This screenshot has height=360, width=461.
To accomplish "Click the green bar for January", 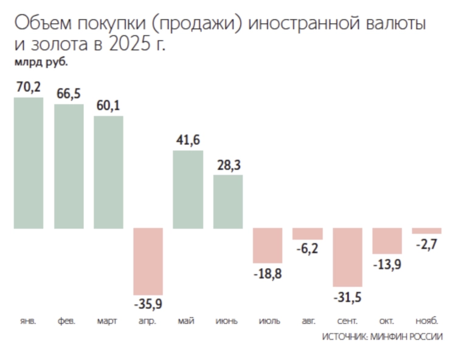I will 29,163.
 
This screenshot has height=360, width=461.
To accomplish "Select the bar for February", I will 69,166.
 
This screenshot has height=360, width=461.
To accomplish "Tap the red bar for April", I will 148,261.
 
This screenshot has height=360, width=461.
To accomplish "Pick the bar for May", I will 188,189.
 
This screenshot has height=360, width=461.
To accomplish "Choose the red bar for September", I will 347,257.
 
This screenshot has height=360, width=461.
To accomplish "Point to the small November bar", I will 426,231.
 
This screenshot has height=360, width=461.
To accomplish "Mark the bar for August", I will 307,234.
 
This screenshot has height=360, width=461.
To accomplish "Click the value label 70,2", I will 29,88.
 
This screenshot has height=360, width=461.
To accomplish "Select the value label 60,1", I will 108,106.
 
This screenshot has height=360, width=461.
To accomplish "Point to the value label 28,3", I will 227,165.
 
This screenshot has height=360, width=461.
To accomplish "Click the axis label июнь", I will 227,320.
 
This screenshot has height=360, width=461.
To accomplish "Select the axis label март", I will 108,320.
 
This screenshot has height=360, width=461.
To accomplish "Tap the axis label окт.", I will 387,320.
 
